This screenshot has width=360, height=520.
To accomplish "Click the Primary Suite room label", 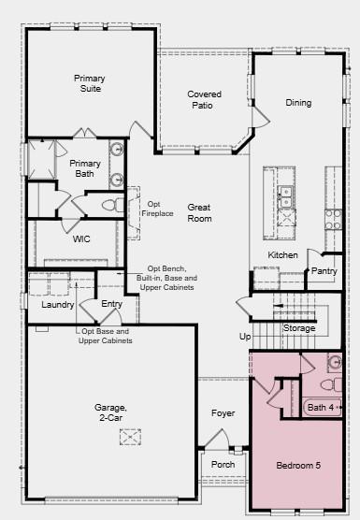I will coord(90,85).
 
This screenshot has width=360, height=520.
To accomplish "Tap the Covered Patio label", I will coord(204,100).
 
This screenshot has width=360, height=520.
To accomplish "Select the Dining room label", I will coord(298,103).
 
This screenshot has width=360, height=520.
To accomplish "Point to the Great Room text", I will coord(199,213).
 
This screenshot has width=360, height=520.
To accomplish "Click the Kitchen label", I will coord(282,255).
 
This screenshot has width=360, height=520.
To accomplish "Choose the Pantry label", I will coord(324,271).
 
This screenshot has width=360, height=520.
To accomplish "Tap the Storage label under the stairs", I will coord(299,328).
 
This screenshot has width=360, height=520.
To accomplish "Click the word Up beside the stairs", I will coord(245,336).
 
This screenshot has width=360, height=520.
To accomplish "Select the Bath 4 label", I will coord(321,408).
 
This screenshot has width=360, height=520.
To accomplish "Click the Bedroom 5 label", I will coord(297,466).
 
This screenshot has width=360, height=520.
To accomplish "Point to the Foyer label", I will coord(223,412).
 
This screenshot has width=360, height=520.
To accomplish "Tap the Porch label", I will coord(223,465).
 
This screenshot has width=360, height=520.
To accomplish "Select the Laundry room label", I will coord(57,305).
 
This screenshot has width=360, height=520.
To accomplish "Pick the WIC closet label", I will coord(81,238).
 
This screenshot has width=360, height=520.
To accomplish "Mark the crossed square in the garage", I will coord(129,437).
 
